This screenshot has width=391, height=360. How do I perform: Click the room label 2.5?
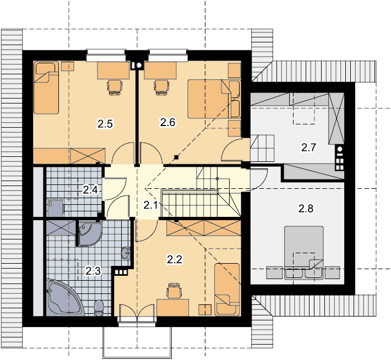coord(105,124)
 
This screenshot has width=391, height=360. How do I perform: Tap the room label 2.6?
coord(168,122)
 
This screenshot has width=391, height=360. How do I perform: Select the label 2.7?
coord(309,148)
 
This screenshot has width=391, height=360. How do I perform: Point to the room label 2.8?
coord(306,209)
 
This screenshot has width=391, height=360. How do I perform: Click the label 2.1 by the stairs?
coord(151,205)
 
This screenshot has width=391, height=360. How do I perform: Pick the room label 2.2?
coord(175,259)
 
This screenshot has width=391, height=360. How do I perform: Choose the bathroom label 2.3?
coord(93,271)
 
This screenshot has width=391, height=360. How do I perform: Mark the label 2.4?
coord(90,190)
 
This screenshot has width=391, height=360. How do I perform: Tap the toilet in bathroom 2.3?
coord(99,308)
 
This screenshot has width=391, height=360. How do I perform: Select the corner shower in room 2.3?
coord(90,234)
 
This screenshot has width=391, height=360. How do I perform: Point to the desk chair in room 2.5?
coord(115,88)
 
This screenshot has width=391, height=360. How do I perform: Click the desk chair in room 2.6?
coord(161,88)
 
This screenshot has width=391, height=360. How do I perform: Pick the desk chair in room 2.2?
coord(174,290)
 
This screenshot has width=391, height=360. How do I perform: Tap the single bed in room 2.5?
coord(46,88)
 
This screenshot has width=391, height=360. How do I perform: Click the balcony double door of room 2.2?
coord(137,311)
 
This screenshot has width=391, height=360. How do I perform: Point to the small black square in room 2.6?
coord(176,157)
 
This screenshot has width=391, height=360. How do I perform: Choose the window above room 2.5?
coord(106,55)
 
